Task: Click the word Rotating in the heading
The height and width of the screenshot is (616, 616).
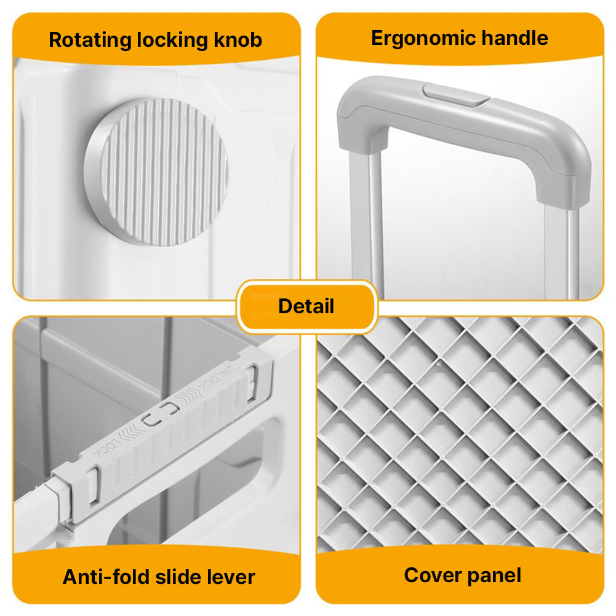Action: (x=90, y=41)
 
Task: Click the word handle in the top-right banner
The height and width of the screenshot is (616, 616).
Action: (x=514, y=38)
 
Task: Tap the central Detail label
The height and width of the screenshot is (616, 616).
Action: (x=306, y=306)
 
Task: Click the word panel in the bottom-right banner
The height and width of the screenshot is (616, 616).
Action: (x=494, y=576)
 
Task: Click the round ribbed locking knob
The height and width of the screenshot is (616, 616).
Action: (x=156, y=172)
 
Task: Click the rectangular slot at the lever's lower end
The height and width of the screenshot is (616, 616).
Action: (x=93, y=486)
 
